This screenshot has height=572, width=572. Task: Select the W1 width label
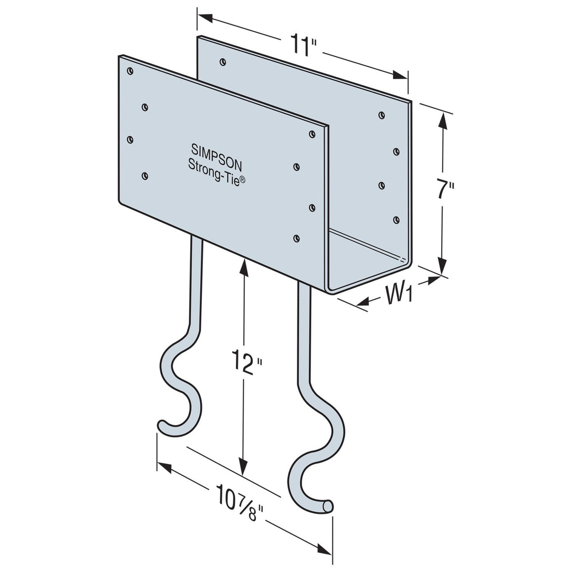pos(397,295)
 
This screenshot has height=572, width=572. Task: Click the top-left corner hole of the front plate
pos(130,72)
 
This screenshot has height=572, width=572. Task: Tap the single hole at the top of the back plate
pos(222,62)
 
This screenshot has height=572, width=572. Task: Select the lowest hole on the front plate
pos(297,238)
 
